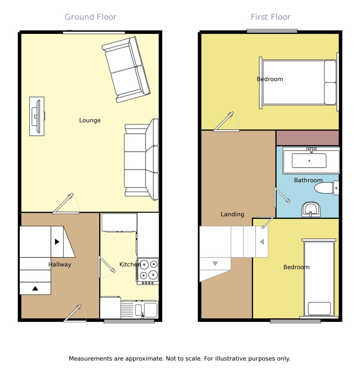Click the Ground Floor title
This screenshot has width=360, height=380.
pyautogui.click(x=91, y=17)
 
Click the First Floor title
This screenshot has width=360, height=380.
pyautogui.click(x=270, y=17)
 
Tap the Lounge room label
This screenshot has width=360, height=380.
pyautogui.click(x=90, y=120)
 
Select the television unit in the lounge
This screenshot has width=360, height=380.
pyautogui.click(x=37, y=116)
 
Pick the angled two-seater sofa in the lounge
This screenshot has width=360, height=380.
pyautogui.click(x=126, y=70)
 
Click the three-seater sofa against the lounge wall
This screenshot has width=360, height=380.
pyautogui.click(x=141, y=160)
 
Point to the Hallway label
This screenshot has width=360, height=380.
pyautogui.click(x=60, y=264)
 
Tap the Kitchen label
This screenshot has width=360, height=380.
pyautogui.click(x=130, y=264)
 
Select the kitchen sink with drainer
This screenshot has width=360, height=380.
pyautogui.click(x=139, y=310)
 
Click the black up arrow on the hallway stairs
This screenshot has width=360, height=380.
pyautogui.click(x=35, y=288)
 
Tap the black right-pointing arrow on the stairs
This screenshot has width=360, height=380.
pyautogui.click(x=57, y=242)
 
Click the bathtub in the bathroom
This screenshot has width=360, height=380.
pyautogui.click(x=311, y=161)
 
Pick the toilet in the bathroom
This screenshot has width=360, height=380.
pyautogui.click(x=326, y=188)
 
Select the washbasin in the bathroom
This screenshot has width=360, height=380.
pyautogui.click(x=311, y=209)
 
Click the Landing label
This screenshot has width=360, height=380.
pyautogui.click(x=232, y=214)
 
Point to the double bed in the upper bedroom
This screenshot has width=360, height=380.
pyautogui.click(x=299, y=82)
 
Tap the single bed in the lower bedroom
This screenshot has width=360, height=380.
pyautogui.click(x=319, y=278)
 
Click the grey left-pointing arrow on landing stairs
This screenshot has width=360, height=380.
pyautogui.click(x=262, y=242)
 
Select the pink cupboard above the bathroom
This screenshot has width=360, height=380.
pyautogui.click(x=308, y=138)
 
